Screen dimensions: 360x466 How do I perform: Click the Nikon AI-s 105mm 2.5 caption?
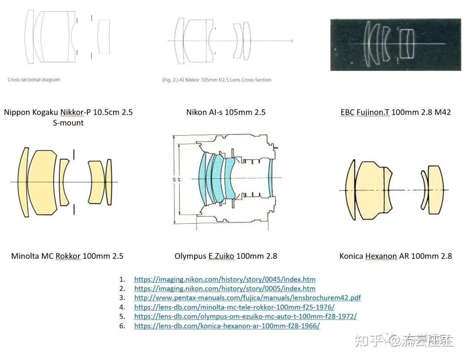pyautogui.click(x=226, y=112)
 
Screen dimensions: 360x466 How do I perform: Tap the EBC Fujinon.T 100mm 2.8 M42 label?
pyautogui.click(x=395, y=112)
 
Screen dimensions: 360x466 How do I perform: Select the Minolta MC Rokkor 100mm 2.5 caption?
pyautogui.click(x=67, y=256)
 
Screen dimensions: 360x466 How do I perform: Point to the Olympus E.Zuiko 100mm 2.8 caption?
pyautogui.click(x=226, y=256)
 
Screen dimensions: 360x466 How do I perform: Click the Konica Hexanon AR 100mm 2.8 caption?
pyautogui.click(x=395, y=256)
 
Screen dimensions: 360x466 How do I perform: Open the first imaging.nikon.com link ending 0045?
pyautogui.click(x=224, y=279)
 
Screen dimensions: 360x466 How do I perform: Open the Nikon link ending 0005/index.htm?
pyautogui.click(x=224, y=288)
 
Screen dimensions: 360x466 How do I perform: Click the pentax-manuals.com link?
pyautogui.click(x=247, y=298)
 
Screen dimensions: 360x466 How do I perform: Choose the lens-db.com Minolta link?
pyautogui.click(x=234, y=307)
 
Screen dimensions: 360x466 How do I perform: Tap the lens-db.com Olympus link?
pyautogui.click(x=245, y=316)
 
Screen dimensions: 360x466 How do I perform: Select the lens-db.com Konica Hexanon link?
pyautogui.click(x=227, y=326)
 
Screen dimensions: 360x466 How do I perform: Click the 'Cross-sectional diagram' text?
pyautogui.click(x=34, y=80)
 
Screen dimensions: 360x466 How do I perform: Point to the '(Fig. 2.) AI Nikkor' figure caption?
pyautogui.click(x=217, y=80)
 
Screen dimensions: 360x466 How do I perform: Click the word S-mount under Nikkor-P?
pyautogui.click(x=68, y=123)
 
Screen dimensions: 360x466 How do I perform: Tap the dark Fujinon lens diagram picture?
pyautogui.click(x=395, y=44)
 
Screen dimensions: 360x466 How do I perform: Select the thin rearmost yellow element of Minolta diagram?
pyautogui.click(x=109, y=181)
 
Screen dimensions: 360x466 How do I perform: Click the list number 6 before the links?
pyautogui.click(x=122, y=326)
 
